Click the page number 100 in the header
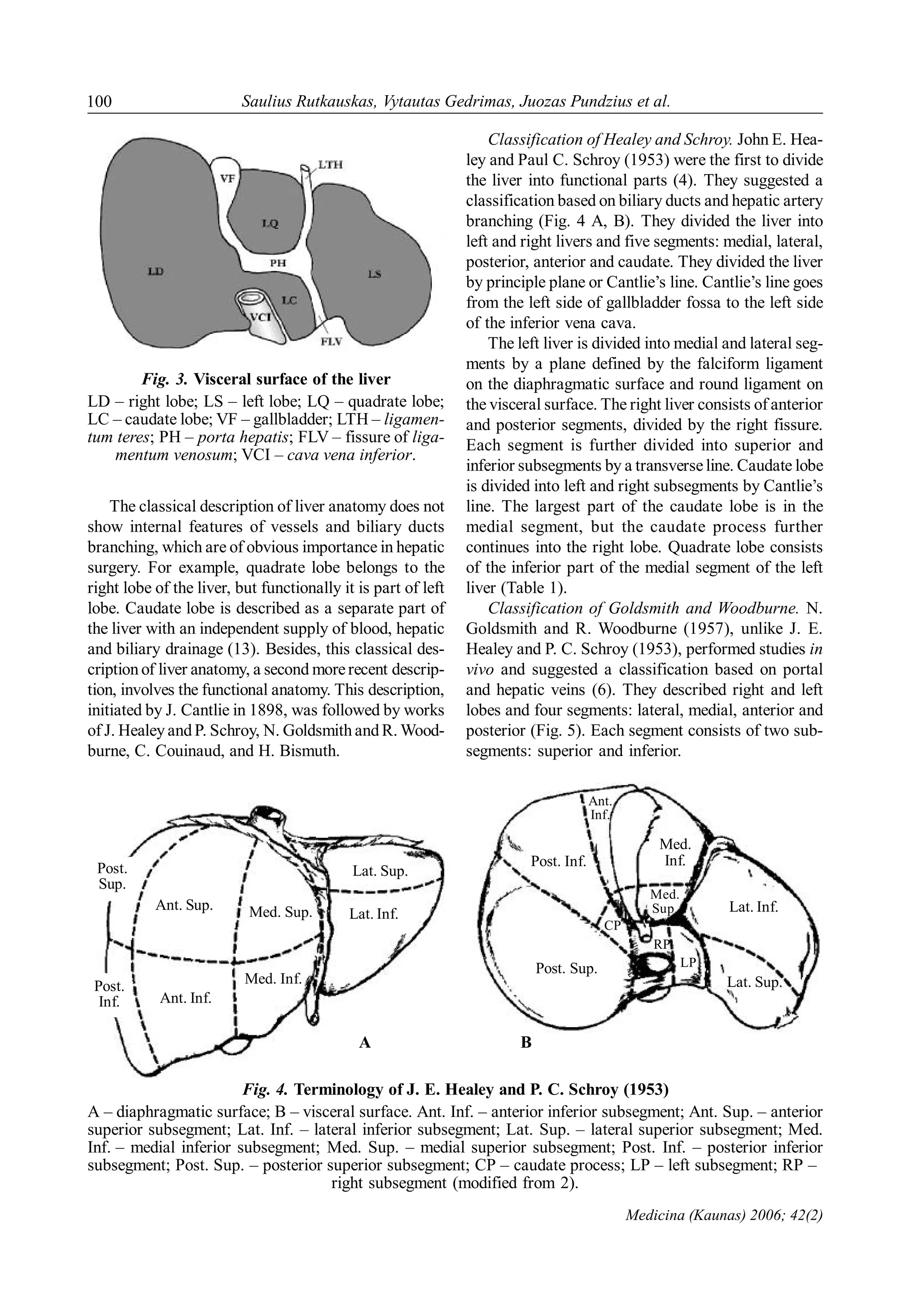pyautogui.click(x=100, y=101)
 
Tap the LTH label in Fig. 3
pyautogui.click(x=330, y=165)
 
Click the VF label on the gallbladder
pyautogui.click(x=227, y=178)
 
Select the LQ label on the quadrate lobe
pyautogui.click(x=270, y=224)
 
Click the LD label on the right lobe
pyautogui.click(x=155, y=271)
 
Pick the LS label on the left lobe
pyautogui.click(x=374, y=274)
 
